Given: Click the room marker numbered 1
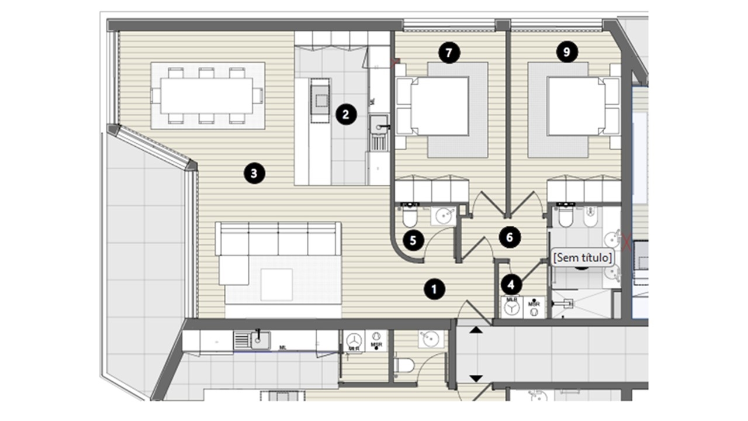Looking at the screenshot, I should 434,289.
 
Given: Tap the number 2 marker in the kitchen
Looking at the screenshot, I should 345,114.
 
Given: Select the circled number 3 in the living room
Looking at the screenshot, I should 254,172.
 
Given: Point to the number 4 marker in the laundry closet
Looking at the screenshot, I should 512,285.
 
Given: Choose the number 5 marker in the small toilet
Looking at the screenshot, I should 413,240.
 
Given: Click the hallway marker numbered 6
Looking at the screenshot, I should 510,237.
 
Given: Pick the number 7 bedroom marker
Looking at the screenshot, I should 449,53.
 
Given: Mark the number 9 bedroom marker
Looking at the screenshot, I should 566,53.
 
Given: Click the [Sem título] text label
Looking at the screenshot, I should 583,257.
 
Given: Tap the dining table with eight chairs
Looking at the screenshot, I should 207,95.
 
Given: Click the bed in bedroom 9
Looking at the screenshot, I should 576,106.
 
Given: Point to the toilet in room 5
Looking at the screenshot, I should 410,218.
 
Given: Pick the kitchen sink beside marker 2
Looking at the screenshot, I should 379,123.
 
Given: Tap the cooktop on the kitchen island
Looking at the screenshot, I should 320,100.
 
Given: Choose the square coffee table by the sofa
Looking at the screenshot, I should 276,284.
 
